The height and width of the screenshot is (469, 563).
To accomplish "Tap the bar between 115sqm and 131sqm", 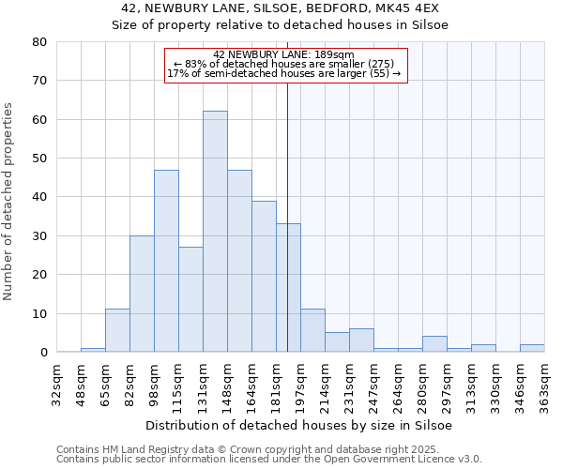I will pos(190,299).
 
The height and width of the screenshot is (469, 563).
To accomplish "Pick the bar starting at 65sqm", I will pos(117,330).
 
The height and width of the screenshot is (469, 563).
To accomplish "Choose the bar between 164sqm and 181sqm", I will pos(264,277).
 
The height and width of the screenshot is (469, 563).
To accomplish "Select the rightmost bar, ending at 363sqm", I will pos(532,348).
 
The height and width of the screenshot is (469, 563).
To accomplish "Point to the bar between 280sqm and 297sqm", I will pos(434,344).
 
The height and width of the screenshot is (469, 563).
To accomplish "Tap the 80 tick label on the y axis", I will pos(39,42).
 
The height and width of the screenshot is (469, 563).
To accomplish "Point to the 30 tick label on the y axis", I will pos(39,236).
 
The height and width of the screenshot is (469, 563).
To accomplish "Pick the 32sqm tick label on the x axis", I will pos(56,385).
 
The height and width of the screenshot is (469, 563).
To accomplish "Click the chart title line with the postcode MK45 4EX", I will pos(281,8).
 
